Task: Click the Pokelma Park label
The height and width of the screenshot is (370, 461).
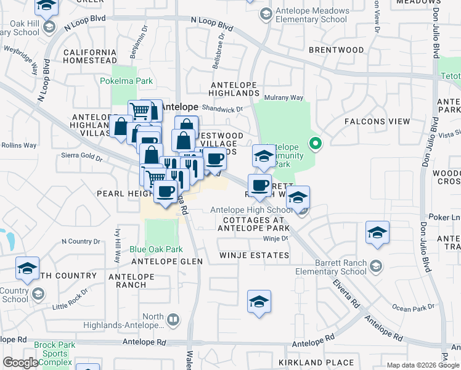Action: click(x=126, y=81)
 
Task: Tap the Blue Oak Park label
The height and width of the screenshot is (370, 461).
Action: click(x=156, y=249)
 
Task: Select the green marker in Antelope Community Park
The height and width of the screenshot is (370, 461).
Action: click(x=316, y=145)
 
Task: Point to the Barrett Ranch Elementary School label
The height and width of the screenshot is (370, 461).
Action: click(x=341, y=267)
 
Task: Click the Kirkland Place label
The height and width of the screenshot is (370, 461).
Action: click(x=316, y=363)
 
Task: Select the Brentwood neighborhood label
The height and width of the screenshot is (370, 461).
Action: click(x=337, y=49)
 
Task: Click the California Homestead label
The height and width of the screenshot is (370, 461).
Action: click(x=90, y=56)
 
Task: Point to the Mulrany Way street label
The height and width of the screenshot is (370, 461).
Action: click(x=284, y=97)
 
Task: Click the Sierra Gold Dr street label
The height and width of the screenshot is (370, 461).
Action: click(x=82, y=157)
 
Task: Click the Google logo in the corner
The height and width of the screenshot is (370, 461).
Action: click(x=20, y=363)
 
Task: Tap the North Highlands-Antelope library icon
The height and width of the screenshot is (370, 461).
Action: click(x=173, y=319)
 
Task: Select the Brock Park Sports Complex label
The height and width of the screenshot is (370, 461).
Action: click(x=55, y=353)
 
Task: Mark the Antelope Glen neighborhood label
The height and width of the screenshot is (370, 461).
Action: click(x=165, y=261)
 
